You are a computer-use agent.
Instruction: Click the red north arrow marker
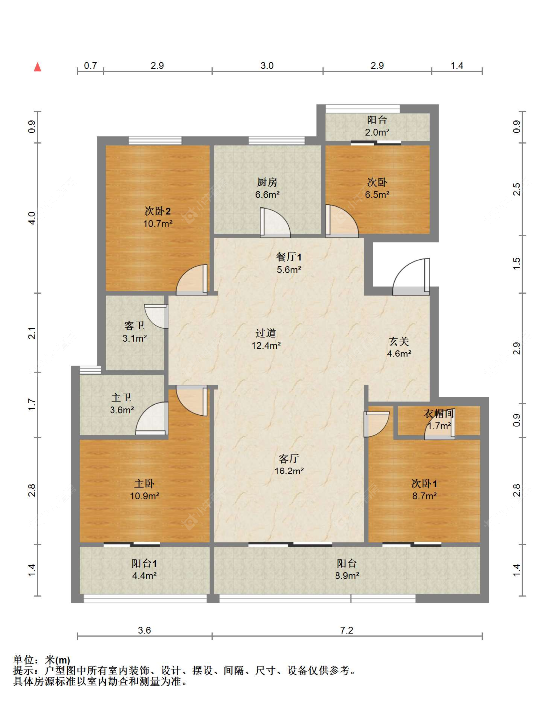coord(38,67)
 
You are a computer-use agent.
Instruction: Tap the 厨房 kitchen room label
coord(267,182)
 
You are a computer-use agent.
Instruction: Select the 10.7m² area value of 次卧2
coord(158,224)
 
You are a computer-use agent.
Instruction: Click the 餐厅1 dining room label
coord(289,257)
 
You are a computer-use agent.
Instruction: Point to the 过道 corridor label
coord(266,333)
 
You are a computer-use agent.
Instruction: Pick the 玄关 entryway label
coord(399,342)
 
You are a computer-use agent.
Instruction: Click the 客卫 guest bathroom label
coord(134,325)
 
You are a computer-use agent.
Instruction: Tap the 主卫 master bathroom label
coord(121,397)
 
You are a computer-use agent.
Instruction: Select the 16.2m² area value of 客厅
coord(289,471)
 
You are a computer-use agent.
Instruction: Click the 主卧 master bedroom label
coord(144,483)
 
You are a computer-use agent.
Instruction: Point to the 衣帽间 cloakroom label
coord(439,414)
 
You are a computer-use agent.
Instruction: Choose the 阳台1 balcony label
coord(144,564)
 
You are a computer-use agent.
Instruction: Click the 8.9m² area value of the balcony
coord(347,576)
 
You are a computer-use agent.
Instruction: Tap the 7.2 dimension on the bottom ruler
coord(347,630)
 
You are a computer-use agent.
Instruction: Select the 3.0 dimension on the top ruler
coord(267,65)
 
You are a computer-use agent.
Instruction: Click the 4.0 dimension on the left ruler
coord(32,218)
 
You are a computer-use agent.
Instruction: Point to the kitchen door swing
coord(275,222)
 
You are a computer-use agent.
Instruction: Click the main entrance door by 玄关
coord(411,277)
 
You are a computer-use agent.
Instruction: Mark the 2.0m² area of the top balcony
coord(377,132)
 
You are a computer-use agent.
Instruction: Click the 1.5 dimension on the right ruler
coord(517,264)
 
